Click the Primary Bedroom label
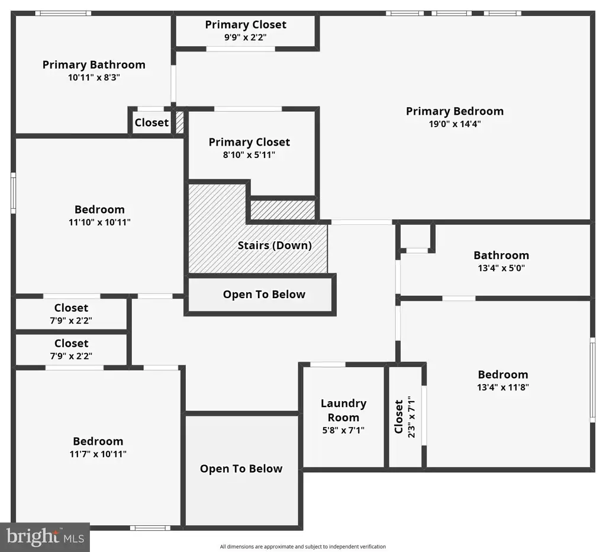[x=454, y=111]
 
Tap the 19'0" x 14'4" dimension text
[x=454, y=124]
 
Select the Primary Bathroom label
[x=94, y=65]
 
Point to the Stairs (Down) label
[x=275, y=246]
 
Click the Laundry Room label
[x=343, y=410]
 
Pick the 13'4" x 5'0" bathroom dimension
[x=501, y=268]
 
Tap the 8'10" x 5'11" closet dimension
[x=249, y=155]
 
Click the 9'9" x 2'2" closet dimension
[x=246, y=37]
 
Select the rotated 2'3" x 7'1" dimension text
[x=411, y=417]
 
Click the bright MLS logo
[x=45, y=537]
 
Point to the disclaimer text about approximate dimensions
[x=303, y=547]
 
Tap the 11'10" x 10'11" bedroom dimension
[x=99, y=222]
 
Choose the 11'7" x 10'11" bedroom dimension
[x=98, y=454]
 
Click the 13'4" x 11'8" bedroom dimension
[x=503, y=387]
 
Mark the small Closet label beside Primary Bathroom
[x=151, y=123]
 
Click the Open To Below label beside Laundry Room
[x=241, y=469]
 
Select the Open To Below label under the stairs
[x=264, y=295]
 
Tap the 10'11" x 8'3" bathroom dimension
[x=94, y=78]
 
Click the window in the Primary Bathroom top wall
[x=63, y=13]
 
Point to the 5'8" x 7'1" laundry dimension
[x=343, y=430]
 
